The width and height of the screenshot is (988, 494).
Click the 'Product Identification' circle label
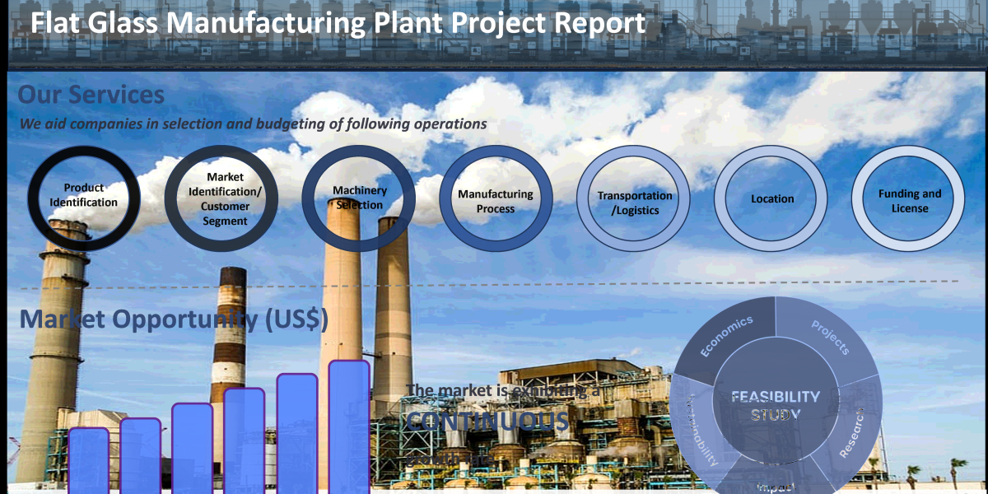[83, 195]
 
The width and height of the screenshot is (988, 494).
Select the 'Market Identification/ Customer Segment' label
[225, 198]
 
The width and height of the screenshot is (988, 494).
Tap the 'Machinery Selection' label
[360, 198]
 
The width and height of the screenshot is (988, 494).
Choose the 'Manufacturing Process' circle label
[496, 202]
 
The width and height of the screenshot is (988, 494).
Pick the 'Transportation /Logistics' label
[635, 203]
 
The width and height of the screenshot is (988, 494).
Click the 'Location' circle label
[772, 199]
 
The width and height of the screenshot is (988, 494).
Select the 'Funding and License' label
[910, 201]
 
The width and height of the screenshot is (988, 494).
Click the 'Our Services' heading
[91, 95]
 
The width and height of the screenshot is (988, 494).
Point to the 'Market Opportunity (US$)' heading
[174, 319]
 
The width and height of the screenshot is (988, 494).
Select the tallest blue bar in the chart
[349, 426]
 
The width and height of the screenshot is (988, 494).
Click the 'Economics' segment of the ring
[728, 337]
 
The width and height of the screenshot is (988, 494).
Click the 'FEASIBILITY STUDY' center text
[775, 405]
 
